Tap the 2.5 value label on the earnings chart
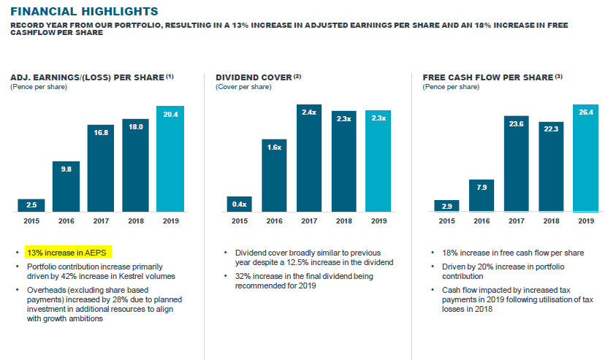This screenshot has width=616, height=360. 31,204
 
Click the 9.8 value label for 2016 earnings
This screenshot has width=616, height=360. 66,169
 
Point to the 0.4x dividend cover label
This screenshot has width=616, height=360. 240,204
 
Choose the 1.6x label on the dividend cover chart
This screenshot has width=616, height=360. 274,147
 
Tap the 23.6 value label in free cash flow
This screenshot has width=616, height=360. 515,124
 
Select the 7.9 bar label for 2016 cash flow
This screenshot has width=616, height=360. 481,188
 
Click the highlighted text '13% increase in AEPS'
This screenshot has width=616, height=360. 66,253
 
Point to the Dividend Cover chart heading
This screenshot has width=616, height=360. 258,77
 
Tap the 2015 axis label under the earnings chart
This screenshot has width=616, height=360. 31,221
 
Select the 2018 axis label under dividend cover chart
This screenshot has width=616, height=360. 343,221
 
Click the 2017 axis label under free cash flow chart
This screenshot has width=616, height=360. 515,221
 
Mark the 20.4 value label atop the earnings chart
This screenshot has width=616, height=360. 170,114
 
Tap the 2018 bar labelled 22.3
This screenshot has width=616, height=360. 550,167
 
